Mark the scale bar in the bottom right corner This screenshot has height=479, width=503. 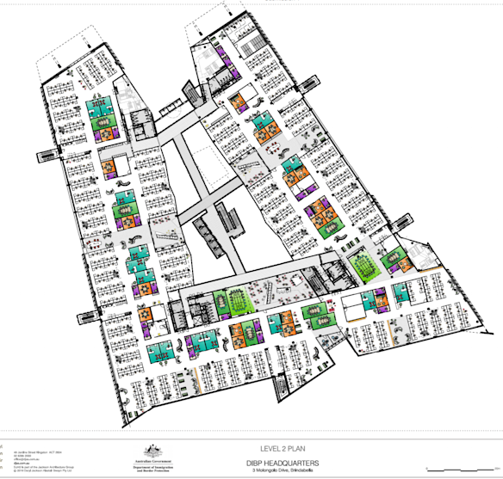click(x=469, y=469)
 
